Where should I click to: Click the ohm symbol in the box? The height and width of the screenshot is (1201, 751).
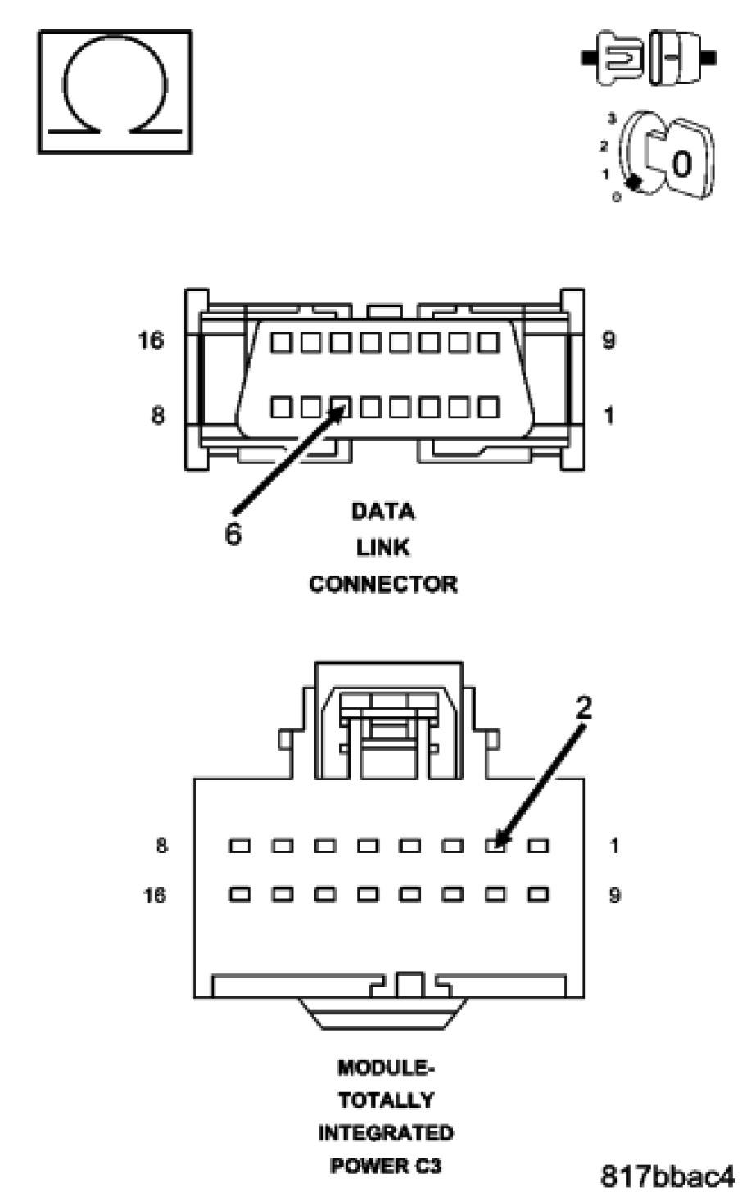point(115,92)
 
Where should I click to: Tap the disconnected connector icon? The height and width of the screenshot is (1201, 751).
point(648,57)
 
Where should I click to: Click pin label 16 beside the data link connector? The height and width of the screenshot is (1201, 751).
point(151,341)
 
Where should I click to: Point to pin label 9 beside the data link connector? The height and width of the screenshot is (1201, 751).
point(608,341)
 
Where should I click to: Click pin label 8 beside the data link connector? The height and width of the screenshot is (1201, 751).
point(156,416)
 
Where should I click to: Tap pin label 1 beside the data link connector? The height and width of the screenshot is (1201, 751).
point(608,416)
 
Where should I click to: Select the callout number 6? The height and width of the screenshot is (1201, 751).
point(233,535)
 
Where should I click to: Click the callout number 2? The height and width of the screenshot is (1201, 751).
point(582,708)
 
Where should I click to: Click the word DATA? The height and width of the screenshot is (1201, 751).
point(383,512)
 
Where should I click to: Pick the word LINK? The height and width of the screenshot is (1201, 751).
point(383,547)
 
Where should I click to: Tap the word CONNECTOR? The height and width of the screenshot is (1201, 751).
point(383,584)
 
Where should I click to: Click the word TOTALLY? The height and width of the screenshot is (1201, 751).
point(386,1100)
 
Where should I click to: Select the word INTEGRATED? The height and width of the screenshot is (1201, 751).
point(386,1133)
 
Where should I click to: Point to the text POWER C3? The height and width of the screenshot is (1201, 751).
point(386,1165)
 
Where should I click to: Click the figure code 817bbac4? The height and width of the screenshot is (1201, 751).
point(667,1176)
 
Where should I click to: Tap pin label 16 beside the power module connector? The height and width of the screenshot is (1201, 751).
point(154,895)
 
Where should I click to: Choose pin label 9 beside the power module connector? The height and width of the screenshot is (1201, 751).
point(614,895)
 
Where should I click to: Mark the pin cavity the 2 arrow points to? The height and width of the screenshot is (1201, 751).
point(495,845)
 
